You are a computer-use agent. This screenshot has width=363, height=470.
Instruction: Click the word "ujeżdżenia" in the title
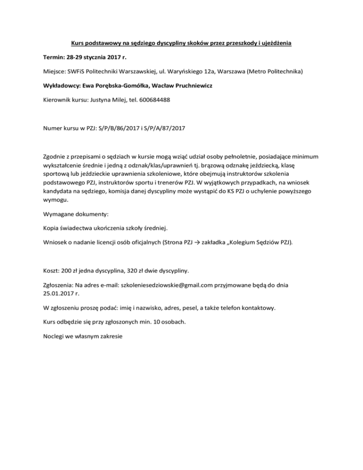pos(274,44)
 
